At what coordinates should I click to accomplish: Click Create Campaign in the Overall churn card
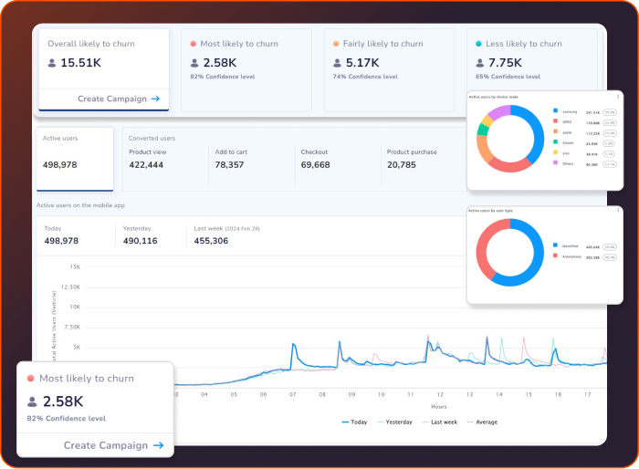(119, 99)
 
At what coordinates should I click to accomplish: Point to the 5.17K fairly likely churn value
(361, 63)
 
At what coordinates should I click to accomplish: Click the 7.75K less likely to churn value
(504, 63)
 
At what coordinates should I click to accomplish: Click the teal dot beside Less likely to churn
(479, 44)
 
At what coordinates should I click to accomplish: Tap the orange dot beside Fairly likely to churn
(336, 44)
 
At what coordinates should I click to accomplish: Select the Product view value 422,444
(146, 165)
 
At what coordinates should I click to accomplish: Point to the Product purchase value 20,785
(402, 165)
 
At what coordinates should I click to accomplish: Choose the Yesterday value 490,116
(140, 241)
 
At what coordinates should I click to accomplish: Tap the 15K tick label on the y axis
(75, 267)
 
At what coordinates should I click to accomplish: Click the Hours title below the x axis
(438, 407)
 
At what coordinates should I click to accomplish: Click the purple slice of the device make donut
(497, 114)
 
